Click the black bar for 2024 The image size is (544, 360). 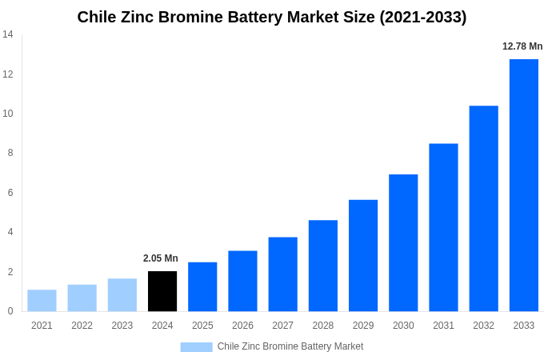pyautogui.click(x=162, y=291)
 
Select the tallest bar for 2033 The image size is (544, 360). pyautogui.click(x=523, y=185)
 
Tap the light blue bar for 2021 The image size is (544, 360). pyautogui.click(x=42, y=301)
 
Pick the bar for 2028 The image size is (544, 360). pyautogui.click(x=322, y=266)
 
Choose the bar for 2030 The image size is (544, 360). pyautogui.click(x=403, y=242)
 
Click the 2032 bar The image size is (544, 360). pyautogui.click(x=483, y=208)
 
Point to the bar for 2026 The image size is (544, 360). pyautogui.click(x=242, y=281)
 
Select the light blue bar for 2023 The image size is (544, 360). pyautogui.click(x=122, y=295)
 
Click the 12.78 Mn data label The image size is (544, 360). pyautogui.click(x=522, y=46)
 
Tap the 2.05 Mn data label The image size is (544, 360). pyautogui.click(x=161, y=258)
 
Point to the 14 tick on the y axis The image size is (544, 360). pyautogui.click(x=8, y=34)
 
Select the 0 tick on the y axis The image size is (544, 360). pyautogui.click(x=10, y=311)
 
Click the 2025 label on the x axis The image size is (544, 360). pyautogui.click(x=202, y=326)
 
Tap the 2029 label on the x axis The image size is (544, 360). pyautogui.click(x=362, y=326)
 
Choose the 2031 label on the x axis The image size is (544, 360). pyautogui.click(x=443, y=326)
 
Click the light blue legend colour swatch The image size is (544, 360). pyautogui.click(x=196, y=347)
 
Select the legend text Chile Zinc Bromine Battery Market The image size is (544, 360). pyautogui.click(x=290, y=346)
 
